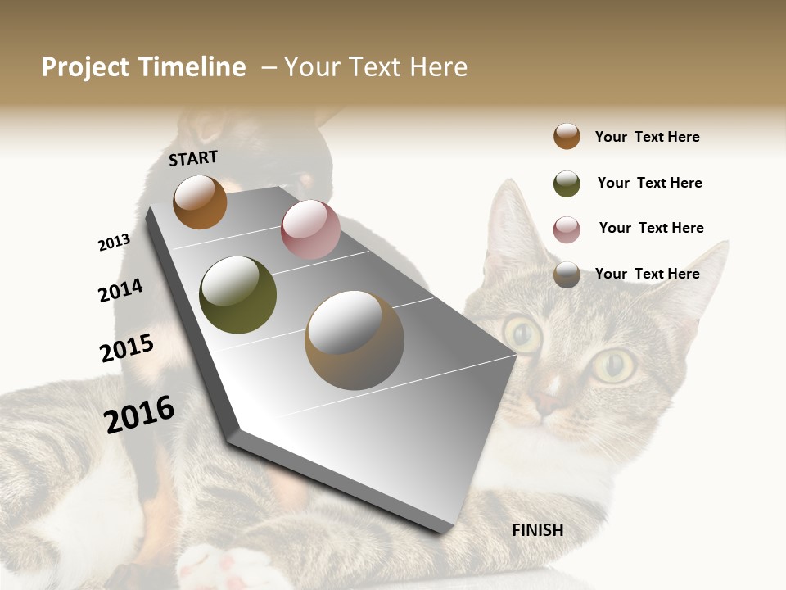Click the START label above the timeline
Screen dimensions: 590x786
[x=193, y=158]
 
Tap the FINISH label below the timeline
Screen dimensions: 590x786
[x=537, y=530]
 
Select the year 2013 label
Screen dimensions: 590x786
[x=114, y=243]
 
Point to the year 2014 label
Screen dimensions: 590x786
[x=120, y=290]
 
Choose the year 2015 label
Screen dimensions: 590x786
[x=127, y=348]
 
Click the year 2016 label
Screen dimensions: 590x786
[x=139, y=414]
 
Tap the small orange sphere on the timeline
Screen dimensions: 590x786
[x=200, y=202]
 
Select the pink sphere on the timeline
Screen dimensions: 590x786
[x=310, y=229]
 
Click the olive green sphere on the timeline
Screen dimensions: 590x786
[x=237, y=295]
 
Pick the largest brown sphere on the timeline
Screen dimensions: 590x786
[x=355, y=340]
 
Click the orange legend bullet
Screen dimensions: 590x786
[x=567, y=136]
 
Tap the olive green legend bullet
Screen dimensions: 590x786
[x=567, y=184]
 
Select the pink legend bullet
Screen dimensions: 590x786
[x=567, y=229]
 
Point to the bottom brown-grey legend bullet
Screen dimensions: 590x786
[x=567, y=275]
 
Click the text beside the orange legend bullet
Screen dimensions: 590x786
[x=647, y=137]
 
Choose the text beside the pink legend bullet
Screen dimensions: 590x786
[x=651, y=228]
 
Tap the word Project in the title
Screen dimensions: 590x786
[x=84, y=67]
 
